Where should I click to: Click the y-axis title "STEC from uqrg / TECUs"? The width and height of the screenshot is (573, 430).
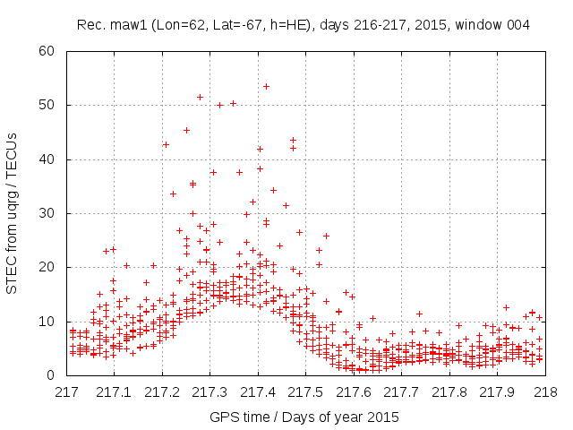(x=12, y=212)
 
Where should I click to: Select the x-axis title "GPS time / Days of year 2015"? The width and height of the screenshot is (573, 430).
(x=304, y=417)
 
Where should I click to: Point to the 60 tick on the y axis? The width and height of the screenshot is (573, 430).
(x=51, y=51)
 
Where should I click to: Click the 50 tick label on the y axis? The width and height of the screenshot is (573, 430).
(x=51, y=105)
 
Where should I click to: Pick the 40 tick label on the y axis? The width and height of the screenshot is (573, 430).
(x=51, y=159)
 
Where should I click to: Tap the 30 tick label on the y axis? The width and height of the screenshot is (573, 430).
(x=51, y=213)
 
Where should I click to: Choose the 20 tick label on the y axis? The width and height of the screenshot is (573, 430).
(x=51, y=267)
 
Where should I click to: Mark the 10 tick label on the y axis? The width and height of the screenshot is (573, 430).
(x=51, y=321)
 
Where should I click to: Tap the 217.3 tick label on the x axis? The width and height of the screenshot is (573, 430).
(x=210, y=392)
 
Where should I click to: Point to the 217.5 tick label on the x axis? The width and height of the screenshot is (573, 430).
(x=305, y=392)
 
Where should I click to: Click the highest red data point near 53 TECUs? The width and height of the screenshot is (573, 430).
(x=266, y=86)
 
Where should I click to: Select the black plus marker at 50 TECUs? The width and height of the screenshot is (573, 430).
(x=219, y=105)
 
